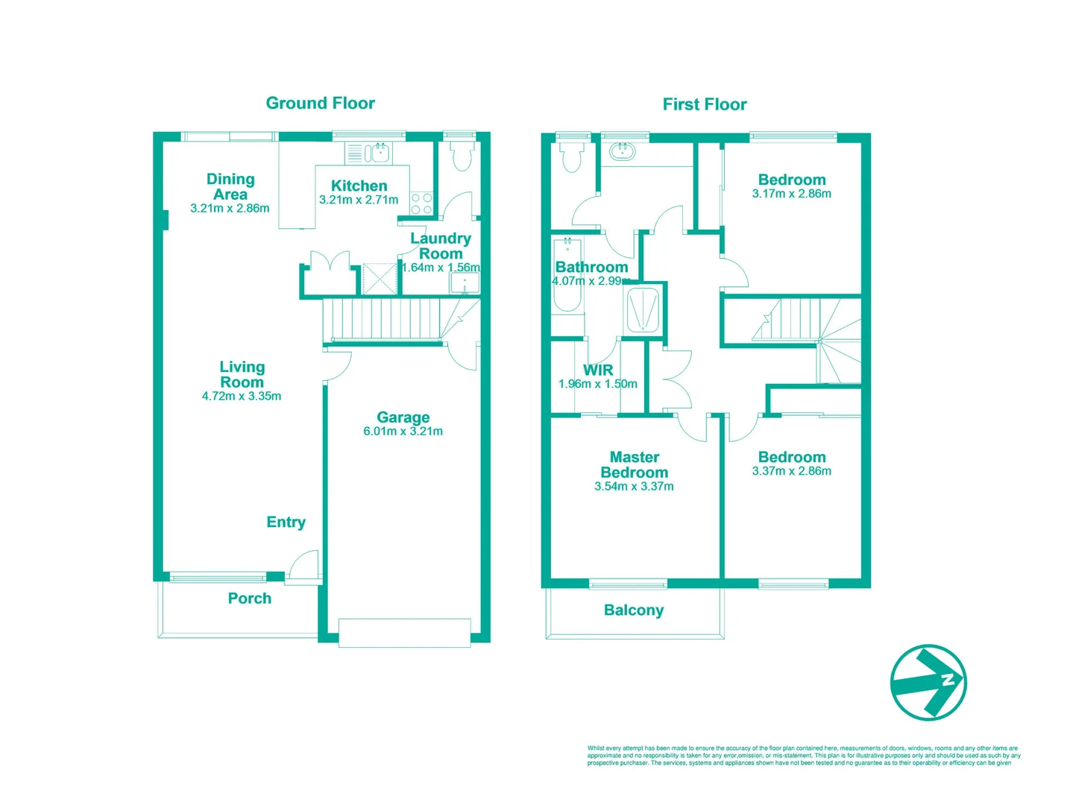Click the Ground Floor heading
coord(320,104)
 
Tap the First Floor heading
coord(705,104)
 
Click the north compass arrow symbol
coord(928,682)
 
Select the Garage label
coord(403,417)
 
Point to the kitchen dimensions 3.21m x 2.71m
coord(359,200)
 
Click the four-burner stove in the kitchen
coord(421,203)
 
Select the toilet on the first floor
coord(572,157)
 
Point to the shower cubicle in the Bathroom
coord(642,309)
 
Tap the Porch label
coord(249,599)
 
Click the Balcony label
coord(633,610)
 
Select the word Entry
coord(286,523)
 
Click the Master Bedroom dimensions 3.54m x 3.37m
coord(634,487)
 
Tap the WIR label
coord(598,370)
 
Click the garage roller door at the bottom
coord(404,632)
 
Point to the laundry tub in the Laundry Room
coord(465,283)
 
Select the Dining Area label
coord(230,186)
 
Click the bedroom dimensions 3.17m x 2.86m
coord(791,194)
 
